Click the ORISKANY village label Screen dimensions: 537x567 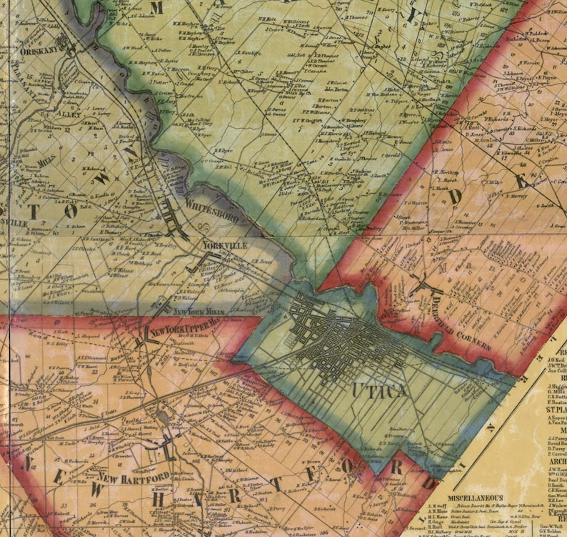[x=36, y=51]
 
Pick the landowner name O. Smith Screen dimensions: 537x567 [x=546, y=205]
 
